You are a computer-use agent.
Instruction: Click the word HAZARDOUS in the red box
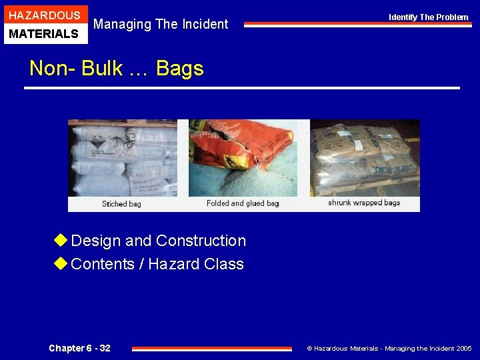click(45, 15)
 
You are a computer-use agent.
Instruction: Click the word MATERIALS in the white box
click(45, 33)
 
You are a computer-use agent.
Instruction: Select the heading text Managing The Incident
click(161, 25)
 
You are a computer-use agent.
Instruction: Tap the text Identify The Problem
click(429, 17)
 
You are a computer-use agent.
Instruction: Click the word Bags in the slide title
click(179, 68)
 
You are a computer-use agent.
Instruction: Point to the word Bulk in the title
click(102, 68)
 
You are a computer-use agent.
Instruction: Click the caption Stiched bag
click(121, 204)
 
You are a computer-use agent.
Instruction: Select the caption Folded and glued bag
click(243, 203)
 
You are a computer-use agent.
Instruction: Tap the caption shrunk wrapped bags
click(364, 203)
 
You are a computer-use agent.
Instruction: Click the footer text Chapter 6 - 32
click(79, 348)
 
